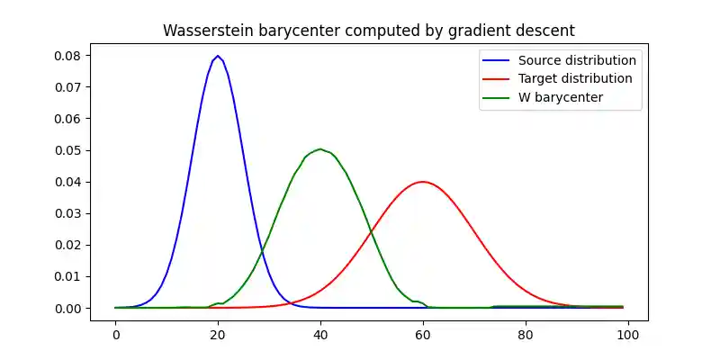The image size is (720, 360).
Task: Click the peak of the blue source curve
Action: (x=218, y=56)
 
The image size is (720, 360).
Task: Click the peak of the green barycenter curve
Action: (x=320, y=149)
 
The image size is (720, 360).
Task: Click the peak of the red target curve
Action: (x=423, y=182)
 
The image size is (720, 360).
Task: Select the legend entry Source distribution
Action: (x=577, y=60)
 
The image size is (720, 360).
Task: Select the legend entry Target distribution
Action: (x=575, y=78)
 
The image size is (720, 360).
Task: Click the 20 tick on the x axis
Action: (x=218, y=334)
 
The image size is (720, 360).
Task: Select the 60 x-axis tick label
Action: (x=423, y=334)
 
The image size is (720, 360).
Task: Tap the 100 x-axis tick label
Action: (x=628, y=334)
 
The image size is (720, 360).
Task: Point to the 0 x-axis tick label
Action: (x=115, y=334)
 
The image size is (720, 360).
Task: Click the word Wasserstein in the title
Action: (x=205, y=31)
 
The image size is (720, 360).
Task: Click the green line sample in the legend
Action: (x=498, y=97)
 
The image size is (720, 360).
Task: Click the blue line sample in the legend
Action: (x=498, y=60)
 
